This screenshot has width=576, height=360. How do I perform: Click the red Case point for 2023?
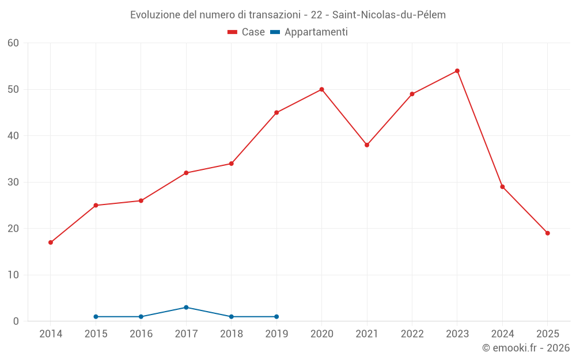click(457, 71)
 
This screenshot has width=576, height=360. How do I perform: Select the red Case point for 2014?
click(51, 242)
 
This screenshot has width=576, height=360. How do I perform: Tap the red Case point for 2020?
click(321, 89)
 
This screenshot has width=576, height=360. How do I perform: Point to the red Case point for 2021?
click(367, 145)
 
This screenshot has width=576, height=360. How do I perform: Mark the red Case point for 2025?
click(547, 233)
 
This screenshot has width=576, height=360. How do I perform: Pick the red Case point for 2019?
click(276, 112)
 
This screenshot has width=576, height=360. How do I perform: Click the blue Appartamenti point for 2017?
click(186, 308)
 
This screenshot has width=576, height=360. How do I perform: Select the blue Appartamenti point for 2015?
click(96, 317)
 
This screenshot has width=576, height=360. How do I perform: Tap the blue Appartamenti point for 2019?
click(276, 317)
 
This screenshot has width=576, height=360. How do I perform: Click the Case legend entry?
click(247, 32)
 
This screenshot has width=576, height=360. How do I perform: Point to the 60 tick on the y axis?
click(13, 43)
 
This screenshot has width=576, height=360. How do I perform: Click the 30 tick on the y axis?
click(13, 182)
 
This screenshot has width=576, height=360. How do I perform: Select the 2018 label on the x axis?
click(231, 334)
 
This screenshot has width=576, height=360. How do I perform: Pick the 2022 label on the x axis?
click(412, 334)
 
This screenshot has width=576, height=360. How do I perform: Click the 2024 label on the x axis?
click(502, 334)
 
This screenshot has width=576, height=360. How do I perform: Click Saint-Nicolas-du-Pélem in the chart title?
click(389, 15)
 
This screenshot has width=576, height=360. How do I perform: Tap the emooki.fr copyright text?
click(525, 348)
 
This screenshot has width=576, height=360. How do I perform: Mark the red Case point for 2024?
click(502, 187)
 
